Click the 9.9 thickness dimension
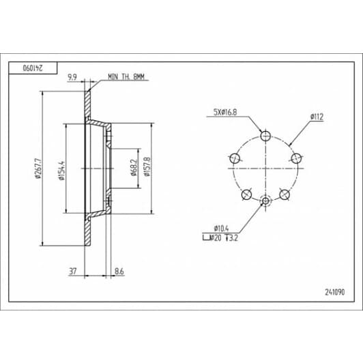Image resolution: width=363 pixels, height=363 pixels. coord(72,77)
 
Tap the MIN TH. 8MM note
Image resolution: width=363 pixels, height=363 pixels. coord(126,77)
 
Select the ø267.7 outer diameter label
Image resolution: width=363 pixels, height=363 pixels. coord(38,169)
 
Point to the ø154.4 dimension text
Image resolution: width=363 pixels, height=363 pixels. coord(61,171)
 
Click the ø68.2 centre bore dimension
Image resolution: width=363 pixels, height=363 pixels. coord(134,167)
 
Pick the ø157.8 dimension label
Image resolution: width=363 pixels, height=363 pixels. coord(147,166)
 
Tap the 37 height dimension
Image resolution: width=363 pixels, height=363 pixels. coord(73,271)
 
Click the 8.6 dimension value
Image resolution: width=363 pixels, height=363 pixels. coord(119,271)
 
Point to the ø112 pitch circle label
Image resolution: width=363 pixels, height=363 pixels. coord(317,117)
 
